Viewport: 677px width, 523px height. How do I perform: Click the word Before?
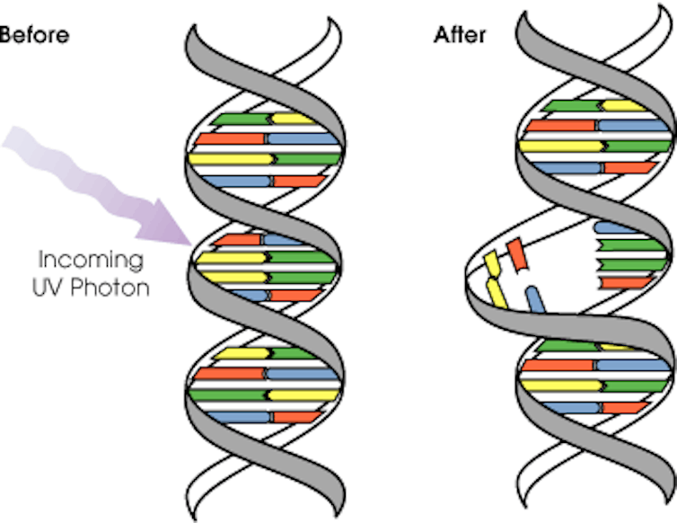click(x=33, y=36)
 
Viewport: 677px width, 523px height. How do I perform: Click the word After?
click(x=460, y=35)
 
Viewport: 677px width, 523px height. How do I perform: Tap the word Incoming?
click(x=90, y=261)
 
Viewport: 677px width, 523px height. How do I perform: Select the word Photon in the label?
click(x=121, y=290)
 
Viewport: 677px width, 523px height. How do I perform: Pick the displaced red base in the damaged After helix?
click(x=516, y=253)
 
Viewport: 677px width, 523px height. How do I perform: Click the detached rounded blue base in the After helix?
click(x=535, y=299)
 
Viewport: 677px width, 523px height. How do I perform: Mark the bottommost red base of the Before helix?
click(x=296, y=417)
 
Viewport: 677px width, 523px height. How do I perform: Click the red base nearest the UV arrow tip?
click(x=236, y=241)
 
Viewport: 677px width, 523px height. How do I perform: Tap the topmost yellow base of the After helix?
click(x=623, y=106)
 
